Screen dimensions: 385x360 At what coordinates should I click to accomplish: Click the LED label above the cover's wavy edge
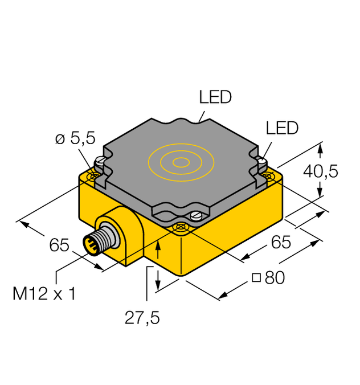point(215,97)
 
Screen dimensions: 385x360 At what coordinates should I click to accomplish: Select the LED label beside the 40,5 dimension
point(282,128)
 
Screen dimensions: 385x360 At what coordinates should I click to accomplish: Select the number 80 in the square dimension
point(274,278)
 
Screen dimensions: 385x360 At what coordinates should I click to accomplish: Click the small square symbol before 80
point(256,278)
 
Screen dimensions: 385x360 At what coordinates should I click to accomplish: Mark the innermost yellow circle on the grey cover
point(181,162)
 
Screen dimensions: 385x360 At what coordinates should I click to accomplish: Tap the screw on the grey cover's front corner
point(196,216)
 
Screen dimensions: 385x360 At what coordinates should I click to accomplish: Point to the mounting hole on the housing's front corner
point(181,228)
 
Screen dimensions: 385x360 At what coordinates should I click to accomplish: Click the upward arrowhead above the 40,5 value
point(321,149)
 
